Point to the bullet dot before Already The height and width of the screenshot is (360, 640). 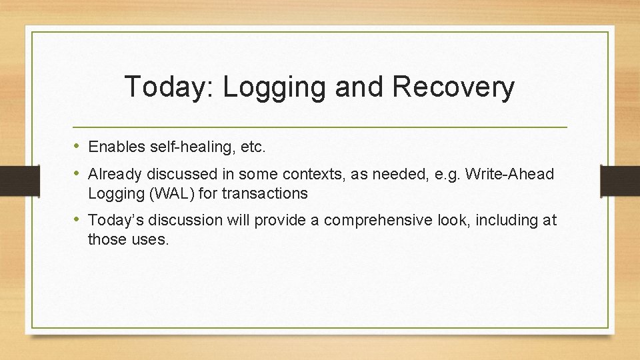(78, 174)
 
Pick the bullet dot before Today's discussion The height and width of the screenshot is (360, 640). (78, 219)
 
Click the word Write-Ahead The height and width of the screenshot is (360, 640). (509, 174)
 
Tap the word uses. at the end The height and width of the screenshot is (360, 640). (151, 239)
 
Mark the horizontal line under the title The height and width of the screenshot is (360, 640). (320, 126)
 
